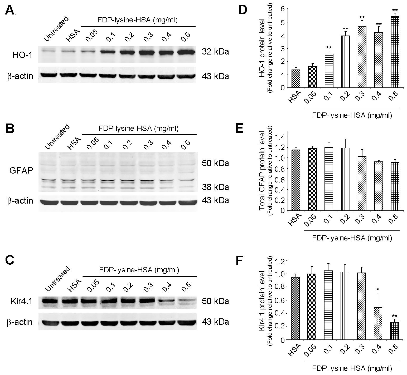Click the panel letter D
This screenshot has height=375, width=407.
tap(243, 10)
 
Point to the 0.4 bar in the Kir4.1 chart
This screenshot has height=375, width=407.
tap(379, 324)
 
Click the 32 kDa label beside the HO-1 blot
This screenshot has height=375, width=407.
tap(215, 52)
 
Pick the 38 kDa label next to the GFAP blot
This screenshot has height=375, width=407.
tap(215, 187)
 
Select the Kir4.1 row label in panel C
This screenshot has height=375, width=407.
tap(20, 301)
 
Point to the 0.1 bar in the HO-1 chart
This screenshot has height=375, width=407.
tap(329, 71)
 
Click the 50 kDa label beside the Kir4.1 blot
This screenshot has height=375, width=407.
tap(215, 301)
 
